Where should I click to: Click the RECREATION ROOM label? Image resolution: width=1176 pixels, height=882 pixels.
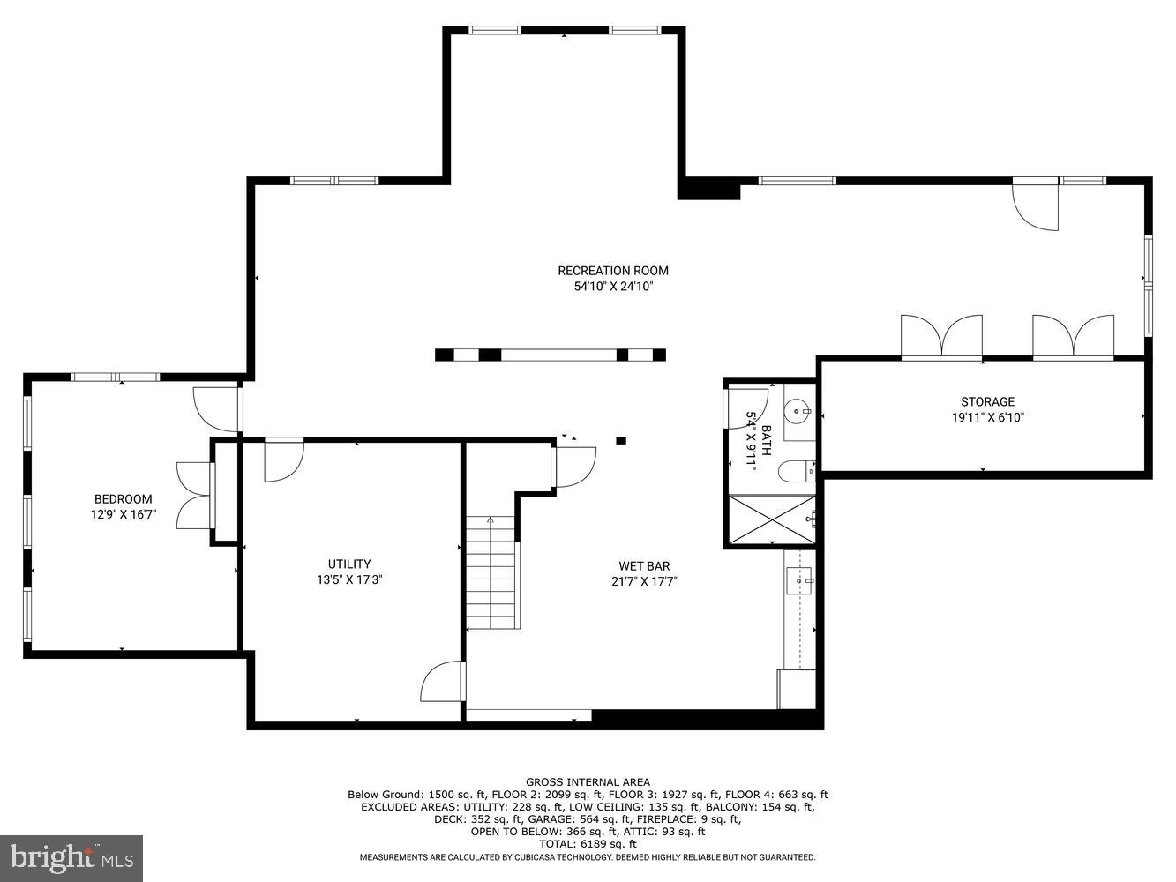pyautogui.click(x=612, y=271)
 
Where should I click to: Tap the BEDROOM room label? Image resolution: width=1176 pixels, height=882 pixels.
pyautogui.click(x=123, y=499)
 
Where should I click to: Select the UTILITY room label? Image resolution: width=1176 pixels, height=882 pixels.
pyautogui.click(x=349, y=564)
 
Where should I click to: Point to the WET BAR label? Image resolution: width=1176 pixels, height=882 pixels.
pyautogui.click(x=644, y=566)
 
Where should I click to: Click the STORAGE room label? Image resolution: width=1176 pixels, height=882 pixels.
pyautogui.click(x=987, y=401)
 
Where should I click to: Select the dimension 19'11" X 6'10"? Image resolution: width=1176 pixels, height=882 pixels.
pyautogui.click(x=987, y=418)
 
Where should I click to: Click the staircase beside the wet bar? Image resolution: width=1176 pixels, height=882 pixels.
pyautogui.click(x=491, y=573)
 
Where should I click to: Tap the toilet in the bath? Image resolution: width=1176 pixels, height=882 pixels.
pyautogui.click(x=796, y=473)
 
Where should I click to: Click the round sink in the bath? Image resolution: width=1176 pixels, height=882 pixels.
pyautogui.click(x=798, y=411)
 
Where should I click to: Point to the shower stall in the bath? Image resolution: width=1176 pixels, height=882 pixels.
pyautogui.click(x=770, y=521)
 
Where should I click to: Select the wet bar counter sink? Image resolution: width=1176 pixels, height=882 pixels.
pyautogui.click(x=799, y=581)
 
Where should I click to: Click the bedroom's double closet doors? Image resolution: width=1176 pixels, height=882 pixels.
pyautogui.click(x=194, y=495)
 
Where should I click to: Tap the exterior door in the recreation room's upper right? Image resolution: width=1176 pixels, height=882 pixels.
pyautogui.click(x=1036, y=205)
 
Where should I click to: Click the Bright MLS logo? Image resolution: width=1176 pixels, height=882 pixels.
pyautogui.click(x=71, y=858)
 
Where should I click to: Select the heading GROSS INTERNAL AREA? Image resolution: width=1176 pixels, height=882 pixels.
pyautogui.click(x=588, y=781)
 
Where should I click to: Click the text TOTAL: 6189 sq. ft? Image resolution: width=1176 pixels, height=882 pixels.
pyautogui.click(x=588, y=844)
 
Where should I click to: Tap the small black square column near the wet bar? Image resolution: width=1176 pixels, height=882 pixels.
pyautogui.click(x=621, y=440)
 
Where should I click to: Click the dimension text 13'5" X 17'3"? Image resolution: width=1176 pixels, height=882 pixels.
pyautogui.click(x=349, y=580)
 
